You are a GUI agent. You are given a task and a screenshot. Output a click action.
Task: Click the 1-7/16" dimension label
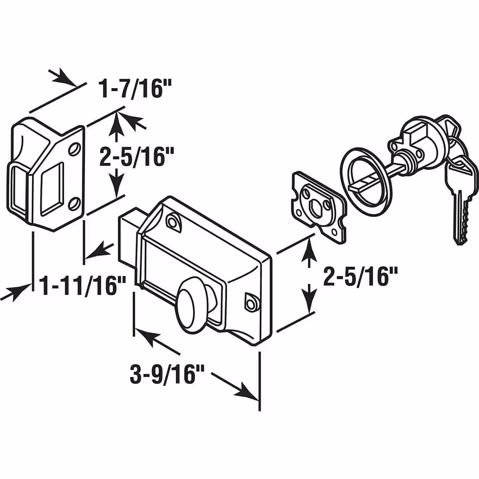coord(135,89)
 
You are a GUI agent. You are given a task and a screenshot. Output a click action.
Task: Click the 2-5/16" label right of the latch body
coord(360,276)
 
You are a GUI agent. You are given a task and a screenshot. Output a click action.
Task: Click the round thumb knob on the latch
coord(192,309)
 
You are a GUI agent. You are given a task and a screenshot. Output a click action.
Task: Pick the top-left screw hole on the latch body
coord(172,220)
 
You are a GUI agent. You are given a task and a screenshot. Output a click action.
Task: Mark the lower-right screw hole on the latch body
coord(251,304)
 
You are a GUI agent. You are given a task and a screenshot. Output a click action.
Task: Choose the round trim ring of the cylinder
coord(363,182)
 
